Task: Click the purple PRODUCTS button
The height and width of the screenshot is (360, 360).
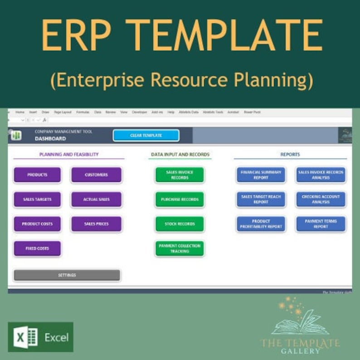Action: pyautogui.click(x=37, y=175)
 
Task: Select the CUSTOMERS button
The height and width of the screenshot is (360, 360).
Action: pyautogui.click(x=96, y=175)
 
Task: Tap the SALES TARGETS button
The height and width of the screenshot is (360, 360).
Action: pyautogui.click(x=37, y=199)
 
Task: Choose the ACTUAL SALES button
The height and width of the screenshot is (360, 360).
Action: pyautogui.click(x=96, y=199)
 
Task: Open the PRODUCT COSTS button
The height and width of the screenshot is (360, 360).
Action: pyautogui.click(x=37, y=224)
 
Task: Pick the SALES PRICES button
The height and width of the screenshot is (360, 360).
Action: pyautogui.click(x=96, y=224)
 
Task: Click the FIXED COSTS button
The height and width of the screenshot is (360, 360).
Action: pyautogui.click(x=37, y=248)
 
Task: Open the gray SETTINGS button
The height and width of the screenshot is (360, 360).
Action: pyautogui.click(x=67, y=275)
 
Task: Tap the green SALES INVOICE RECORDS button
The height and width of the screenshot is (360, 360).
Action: pyautogui.click(x=180, y=175)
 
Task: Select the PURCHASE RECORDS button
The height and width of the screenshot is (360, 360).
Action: pyautogui.click(x=180, y=199)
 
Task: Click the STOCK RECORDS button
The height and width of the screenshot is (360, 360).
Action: pyautogui.click(x=180, y=224)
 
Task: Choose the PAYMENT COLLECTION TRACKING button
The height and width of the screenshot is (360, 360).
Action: pyautogui.click(x=180, y=248)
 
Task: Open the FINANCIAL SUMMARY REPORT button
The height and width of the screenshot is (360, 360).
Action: pyautogui.click(x=261, y=175)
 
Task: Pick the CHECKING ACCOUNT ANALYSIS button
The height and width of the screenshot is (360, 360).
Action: pyautogui.click(x=321, y=199)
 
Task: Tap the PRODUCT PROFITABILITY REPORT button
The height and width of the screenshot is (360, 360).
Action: pyautogui.click(x=261, y=224)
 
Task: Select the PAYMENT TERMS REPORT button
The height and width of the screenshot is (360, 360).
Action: pyautogui.click(x=321, y=224)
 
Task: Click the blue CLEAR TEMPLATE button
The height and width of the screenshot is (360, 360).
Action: pyautogui.click(x=146, y=136)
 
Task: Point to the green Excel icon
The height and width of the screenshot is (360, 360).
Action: pyautogui.click(x=26, y=337)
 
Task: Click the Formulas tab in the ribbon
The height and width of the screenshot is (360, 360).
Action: pyautogui.click(x=83, y=112)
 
